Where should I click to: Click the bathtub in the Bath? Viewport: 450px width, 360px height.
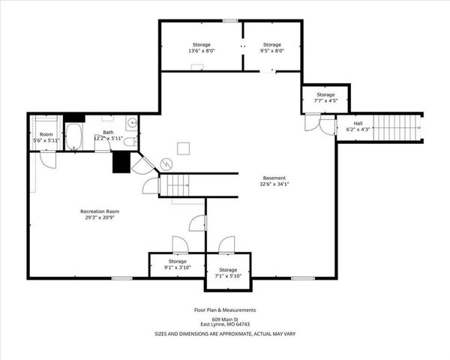[x=74, y=136]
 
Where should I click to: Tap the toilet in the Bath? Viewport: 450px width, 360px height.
[x=129, y=141]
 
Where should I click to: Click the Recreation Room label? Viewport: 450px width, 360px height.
[x=100, y=211]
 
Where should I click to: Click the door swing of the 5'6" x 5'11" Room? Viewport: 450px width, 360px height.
[x=46, y=160]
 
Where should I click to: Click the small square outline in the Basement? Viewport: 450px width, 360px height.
[x=182, y=148]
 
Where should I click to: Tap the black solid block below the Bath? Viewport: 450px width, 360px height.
[x=121, y=162]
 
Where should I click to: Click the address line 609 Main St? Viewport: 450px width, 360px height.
[x=225, y=319]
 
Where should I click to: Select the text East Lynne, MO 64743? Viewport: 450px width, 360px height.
[x=225, y=325]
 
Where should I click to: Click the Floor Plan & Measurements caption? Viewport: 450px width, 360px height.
[x=225, y=310]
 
